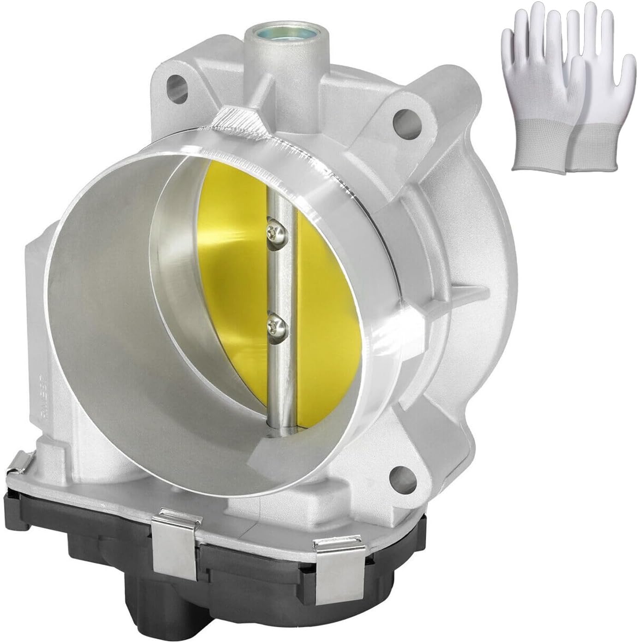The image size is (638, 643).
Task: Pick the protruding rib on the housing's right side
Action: click(x=471, y=295)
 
